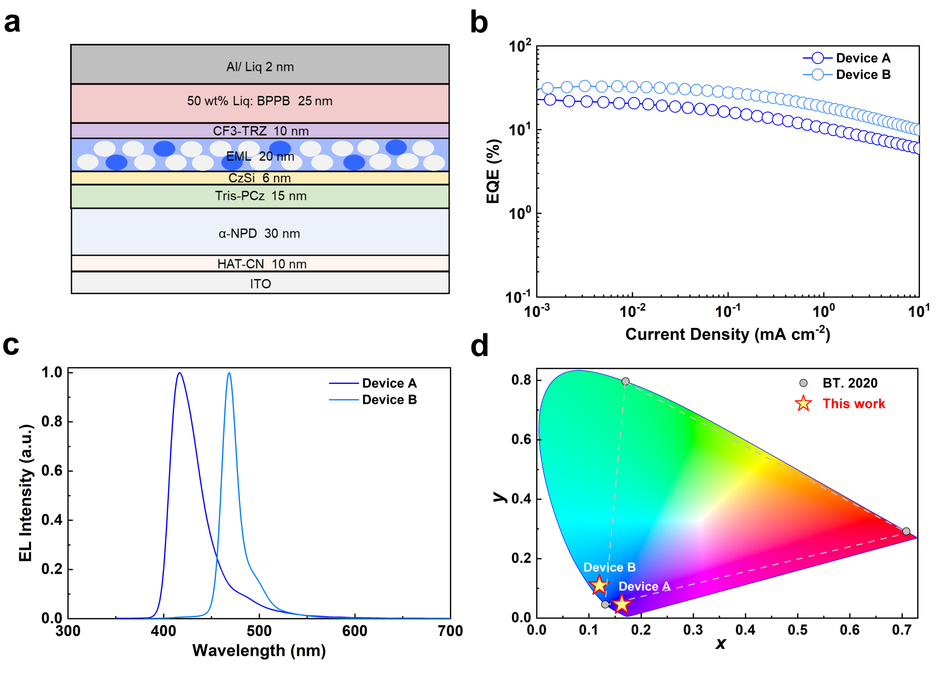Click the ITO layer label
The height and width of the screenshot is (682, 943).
click(x=260, y=284)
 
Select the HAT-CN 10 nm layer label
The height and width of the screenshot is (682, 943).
click(x=262, y=264)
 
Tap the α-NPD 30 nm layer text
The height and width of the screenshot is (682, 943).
click(x=259, y=233)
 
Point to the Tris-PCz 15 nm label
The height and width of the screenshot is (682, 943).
click(x=261, y=196)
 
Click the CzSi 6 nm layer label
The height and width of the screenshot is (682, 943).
click(x=259, y=178)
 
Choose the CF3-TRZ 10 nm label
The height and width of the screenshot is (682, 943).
click(x=261, y=131)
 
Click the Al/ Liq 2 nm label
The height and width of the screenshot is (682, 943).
click(x=260, y=67)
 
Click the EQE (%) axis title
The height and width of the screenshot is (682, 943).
click(x=493, y=171)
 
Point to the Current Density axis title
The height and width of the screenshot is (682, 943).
click(x=728, y=334)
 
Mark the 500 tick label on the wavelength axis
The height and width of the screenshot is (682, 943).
click(x=259, y=631)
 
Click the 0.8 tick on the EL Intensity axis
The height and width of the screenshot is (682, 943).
click(x=52, y=421)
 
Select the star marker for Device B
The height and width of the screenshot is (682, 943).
click(x=599, y=585)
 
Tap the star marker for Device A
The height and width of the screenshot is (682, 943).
click(x=622, y=604)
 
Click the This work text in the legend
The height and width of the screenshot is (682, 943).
click(x=854, y=404)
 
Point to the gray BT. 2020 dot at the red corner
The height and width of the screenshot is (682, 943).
click(x=906, y=531)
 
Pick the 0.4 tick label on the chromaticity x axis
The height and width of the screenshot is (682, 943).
click(x=745, y=630)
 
